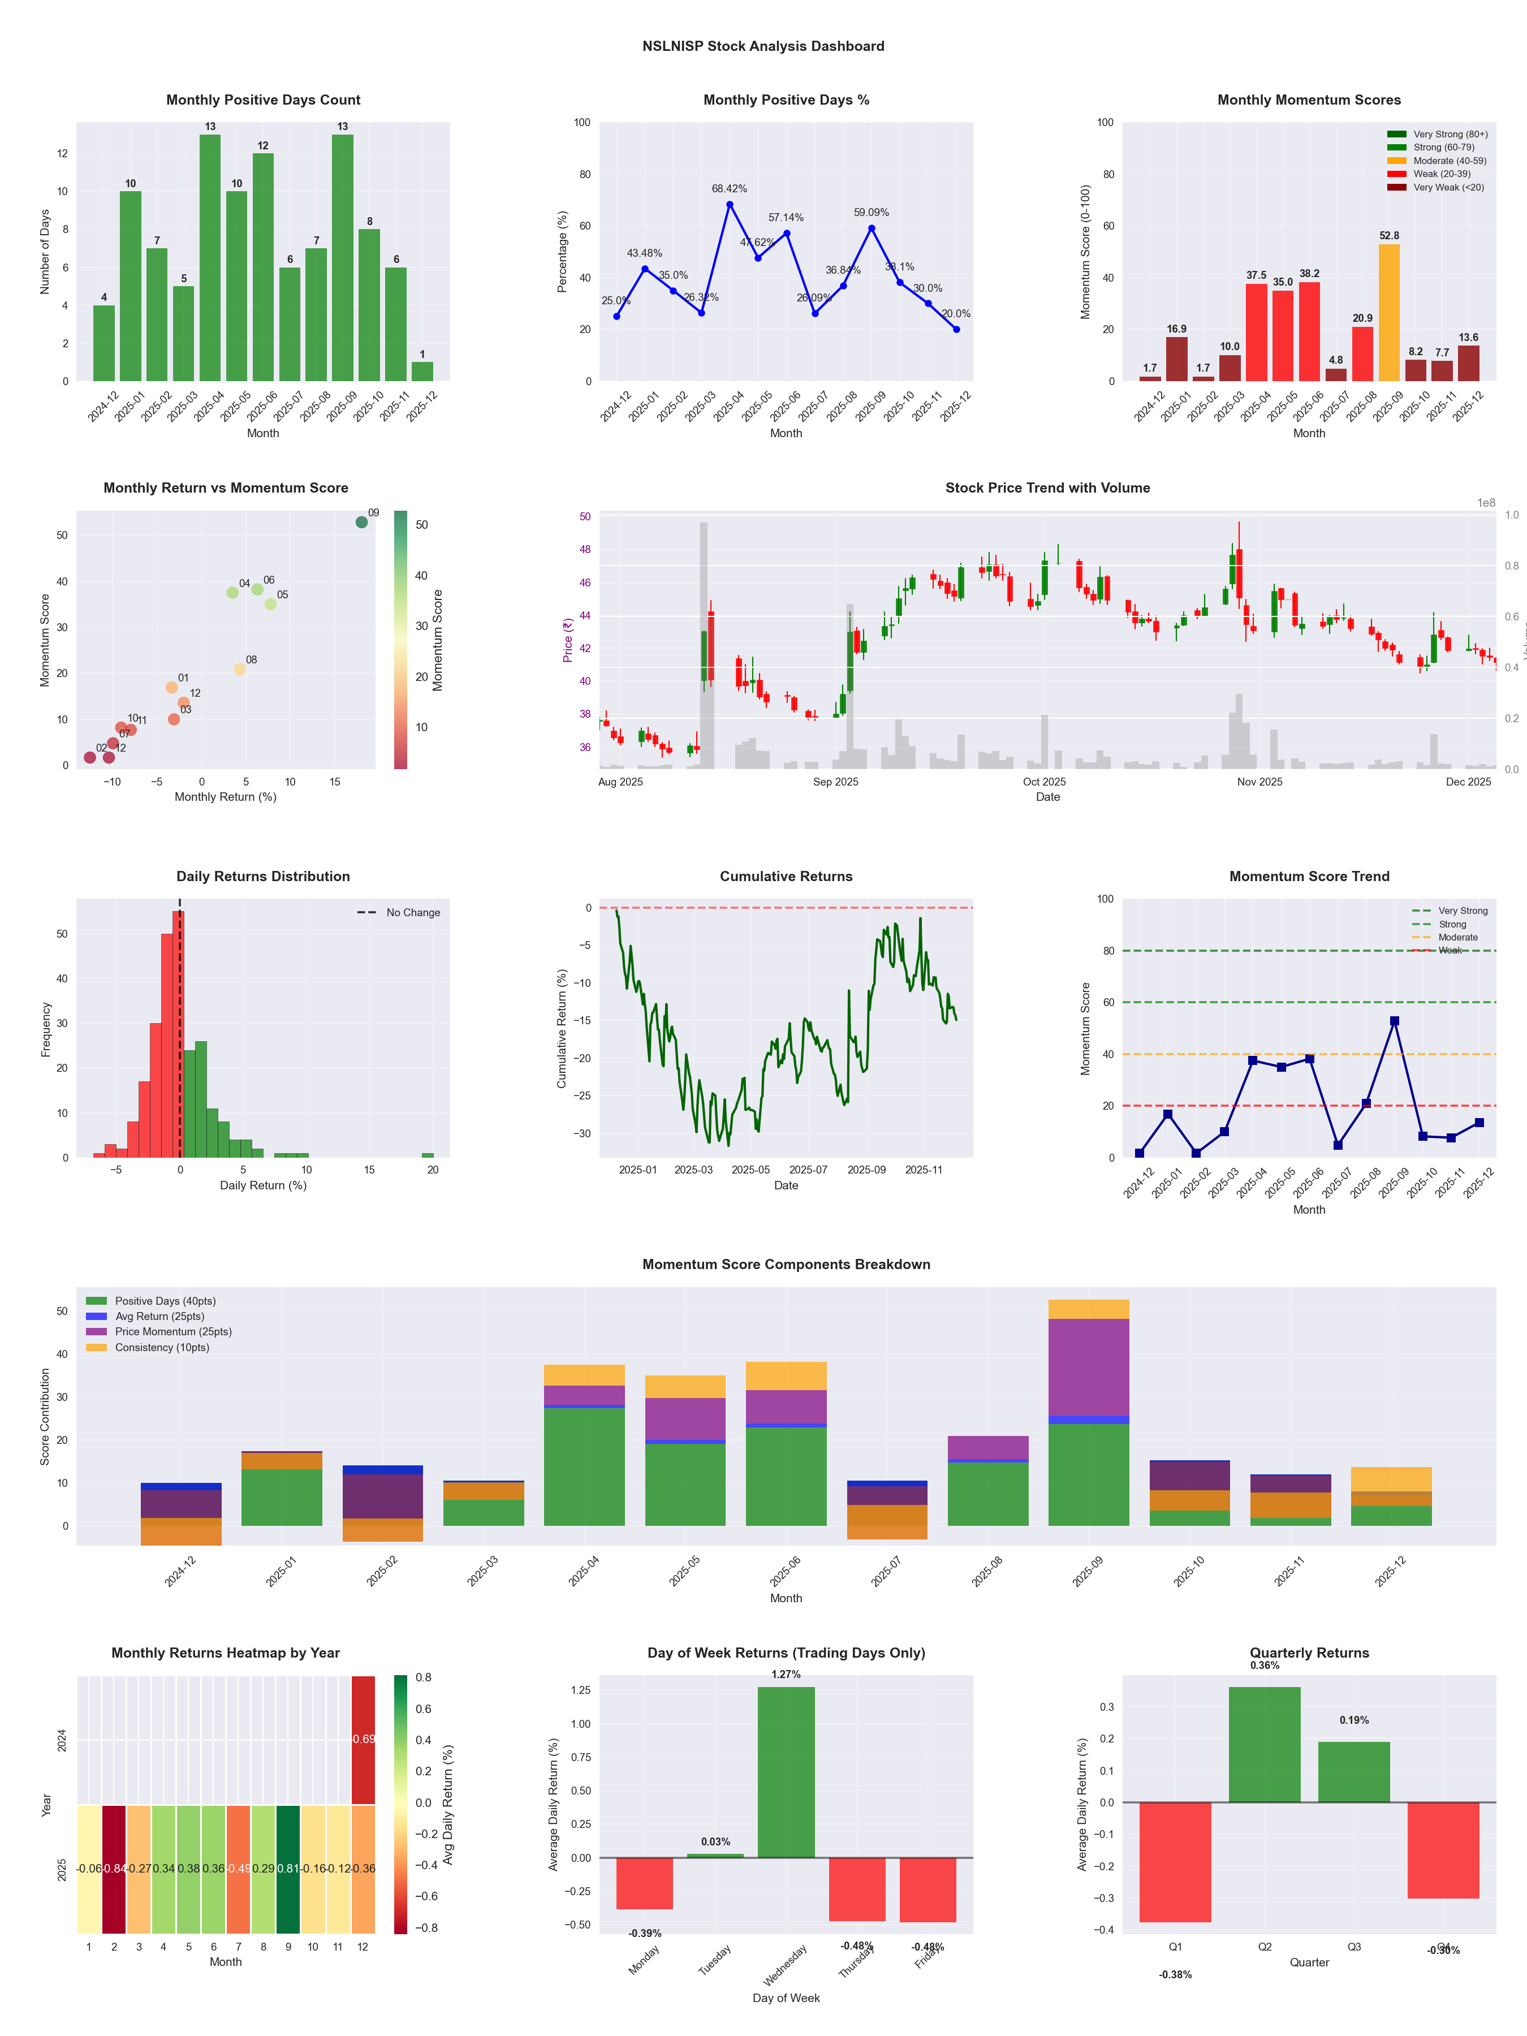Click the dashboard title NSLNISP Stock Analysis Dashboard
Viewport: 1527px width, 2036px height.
pos(763,46)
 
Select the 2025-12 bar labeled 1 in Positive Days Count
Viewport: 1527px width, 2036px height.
pos(422,372)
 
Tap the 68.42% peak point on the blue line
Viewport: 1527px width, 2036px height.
pos(730,204)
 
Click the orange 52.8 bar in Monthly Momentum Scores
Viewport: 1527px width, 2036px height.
pos(1389,313)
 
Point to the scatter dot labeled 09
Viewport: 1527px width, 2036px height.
pos(362,522)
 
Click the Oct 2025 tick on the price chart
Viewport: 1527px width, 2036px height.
pos(1044,782)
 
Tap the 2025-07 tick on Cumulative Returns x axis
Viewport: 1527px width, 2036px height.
pos(808,1170)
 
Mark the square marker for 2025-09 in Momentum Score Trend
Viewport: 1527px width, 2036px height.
pos(1395,1022)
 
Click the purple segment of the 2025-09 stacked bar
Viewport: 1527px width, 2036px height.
pos(1088,1368)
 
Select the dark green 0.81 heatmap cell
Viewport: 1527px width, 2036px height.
pos(288,1869)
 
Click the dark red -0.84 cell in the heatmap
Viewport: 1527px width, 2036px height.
pos(114,1869)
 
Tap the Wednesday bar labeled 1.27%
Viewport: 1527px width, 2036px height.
pos(786,1772)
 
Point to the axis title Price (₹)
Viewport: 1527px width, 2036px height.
pos(568,640)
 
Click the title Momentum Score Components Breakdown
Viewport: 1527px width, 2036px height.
pos(786,1265)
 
